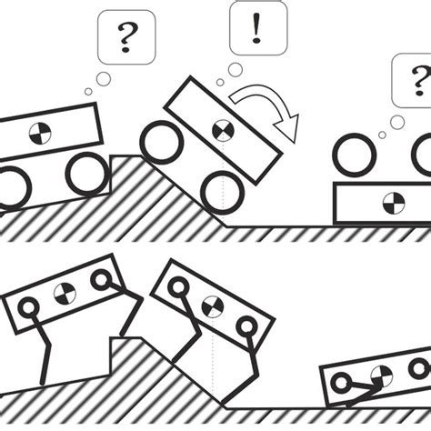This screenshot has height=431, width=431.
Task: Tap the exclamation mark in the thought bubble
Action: coord(257,30)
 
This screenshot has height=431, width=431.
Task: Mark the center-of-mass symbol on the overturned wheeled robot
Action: coord(393,201)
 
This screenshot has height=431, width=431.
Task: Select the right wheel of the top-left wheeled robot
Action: coord(87,173)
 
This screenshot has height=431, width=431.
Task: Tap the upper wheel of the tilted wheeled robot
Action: coord(162,144)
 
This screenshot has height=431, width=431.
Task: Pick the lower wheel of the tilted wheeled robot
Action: coord(224,192)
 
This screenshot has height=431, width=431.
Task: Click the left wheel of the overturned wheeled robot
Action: coord(355,155)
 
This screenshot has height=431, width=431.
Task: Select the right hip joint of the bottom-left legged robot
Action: coord(100,279)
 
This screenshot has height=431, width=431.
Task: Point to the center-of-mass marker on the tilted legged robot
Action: coord(212,305)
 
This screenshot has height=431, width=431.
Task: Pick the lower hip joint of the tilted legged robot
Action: coord(246,326)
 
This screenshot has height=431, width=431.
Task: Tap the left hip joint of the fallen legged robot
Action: coord(341,385)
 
